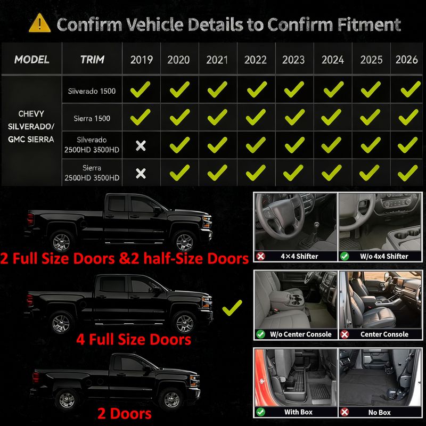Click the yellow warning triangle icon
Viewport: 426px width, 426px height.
[39, 23]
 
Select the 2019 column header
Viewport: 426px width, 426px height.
[141, 60]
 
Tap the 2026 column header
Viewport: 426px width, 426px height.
[406, 60]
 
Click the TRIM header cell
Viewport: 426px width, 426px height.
[92, 60]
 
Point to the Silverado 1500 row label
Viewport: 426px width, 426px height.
[92, 91]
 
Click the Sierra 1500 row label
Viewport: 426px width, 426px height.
[92, 118]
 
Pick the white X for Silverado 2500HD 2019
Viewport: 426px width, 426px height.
[141, 146]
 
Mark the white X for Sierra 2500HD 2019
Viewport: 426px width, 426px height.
[141, 174]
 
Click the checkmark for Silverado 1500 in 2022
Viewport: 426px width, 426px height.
[257, 89]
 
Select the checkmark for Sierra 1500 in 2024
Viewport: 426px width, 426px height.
[331, 117]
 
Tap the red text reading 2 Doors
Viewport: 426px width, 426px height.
[125, 414]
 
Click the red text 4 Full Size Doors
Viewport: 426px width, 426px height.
[134, 339]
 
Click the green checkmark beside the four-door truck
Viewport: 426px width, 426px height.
[232, 308]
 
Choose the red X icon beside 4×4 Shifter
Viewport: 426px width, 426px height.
[261, 256]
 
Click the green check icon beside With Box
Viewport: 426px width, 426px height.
[261, 412]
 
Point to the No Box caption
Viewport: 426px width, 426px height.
[379, 412]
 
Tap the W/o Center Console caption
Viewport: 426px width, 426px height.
[300, 334]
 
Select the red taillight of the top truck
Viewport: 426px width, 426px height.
[30, 219]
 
